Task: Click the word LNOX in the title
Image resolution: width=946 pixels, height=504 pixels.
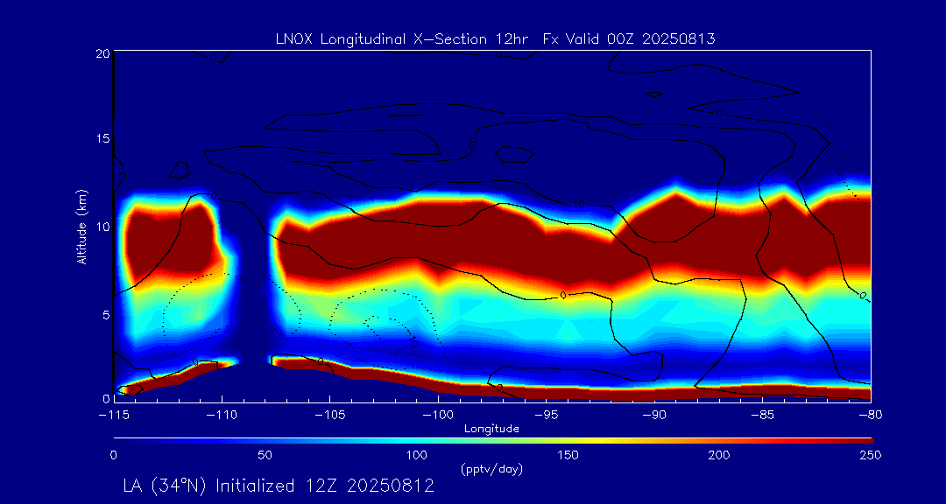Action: (293, 38)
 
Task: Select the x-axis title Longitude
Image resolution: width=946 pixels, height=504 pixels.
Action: (491, 429)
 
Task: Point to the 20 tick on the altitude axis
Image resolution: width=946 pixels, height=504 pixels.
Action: (102, 53)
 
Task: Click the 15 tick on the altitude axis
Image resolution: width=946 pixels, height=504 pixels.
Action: (102, 139)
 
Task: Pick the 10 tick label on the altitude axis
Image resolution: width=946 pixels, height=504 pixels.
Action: (102, 227)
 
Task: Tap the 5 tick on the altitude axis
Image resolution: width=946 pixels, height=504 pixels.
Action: (105, 313)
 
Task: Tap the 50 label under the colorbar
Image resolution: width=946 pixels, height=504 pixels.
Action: (265, 455)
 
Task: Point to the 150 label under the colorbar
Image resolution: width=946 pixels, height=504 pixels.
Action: (568, 455)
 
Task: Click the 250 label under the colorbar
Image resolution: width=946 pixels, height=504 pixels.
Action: (871, 455)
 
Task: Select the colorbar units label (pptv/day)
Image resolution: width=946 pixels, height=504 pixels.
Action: (491, 469)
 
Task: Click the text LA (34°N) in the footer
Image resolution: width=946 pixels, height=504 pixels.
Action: (166, 486)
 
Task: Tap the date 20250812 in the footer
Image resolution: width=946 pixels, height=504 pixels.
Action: (392, 486)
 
